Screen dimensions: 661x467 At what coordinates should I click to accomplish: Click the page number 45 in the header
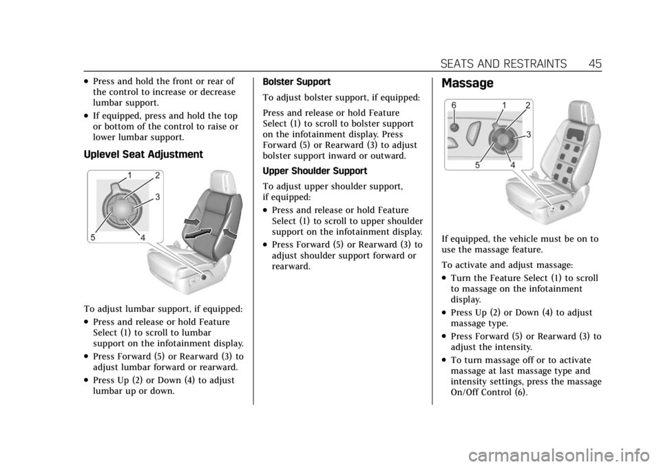595,63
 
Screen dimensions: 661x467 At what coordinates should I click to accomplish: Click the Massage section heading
467,83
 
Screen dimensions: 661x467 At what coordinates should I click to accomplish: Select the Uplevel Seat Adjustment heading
143,154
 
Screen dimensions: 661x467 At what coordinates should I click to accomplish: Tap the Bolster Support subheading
296,82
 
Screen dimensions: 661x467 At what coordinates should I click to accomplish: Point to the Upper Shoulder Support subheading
315,171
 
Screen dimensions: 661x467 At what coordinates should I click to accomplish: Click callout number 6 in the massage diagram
454,105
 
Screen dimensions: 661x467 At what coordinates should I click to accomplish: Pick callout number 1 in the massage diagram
504,105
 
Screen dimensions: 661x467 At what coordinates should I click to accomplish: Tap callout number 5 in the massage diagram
477,165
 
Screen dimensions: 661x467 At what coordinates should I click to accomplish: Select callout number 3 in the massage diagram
528,134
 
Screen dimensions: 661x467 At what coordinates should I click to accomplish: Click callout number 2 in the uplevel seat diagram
157,176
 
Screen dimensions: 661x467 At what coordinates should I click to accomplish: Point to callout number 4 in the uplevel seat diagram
143,238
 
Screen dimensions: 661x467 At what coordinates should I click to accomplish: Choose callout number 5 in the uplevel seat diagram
93,238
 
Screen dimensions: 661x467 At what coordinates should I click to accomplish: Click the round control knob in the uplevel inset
122,208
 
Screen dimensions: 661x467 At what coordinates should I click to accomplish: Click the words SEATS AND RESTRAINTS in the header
503,63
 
